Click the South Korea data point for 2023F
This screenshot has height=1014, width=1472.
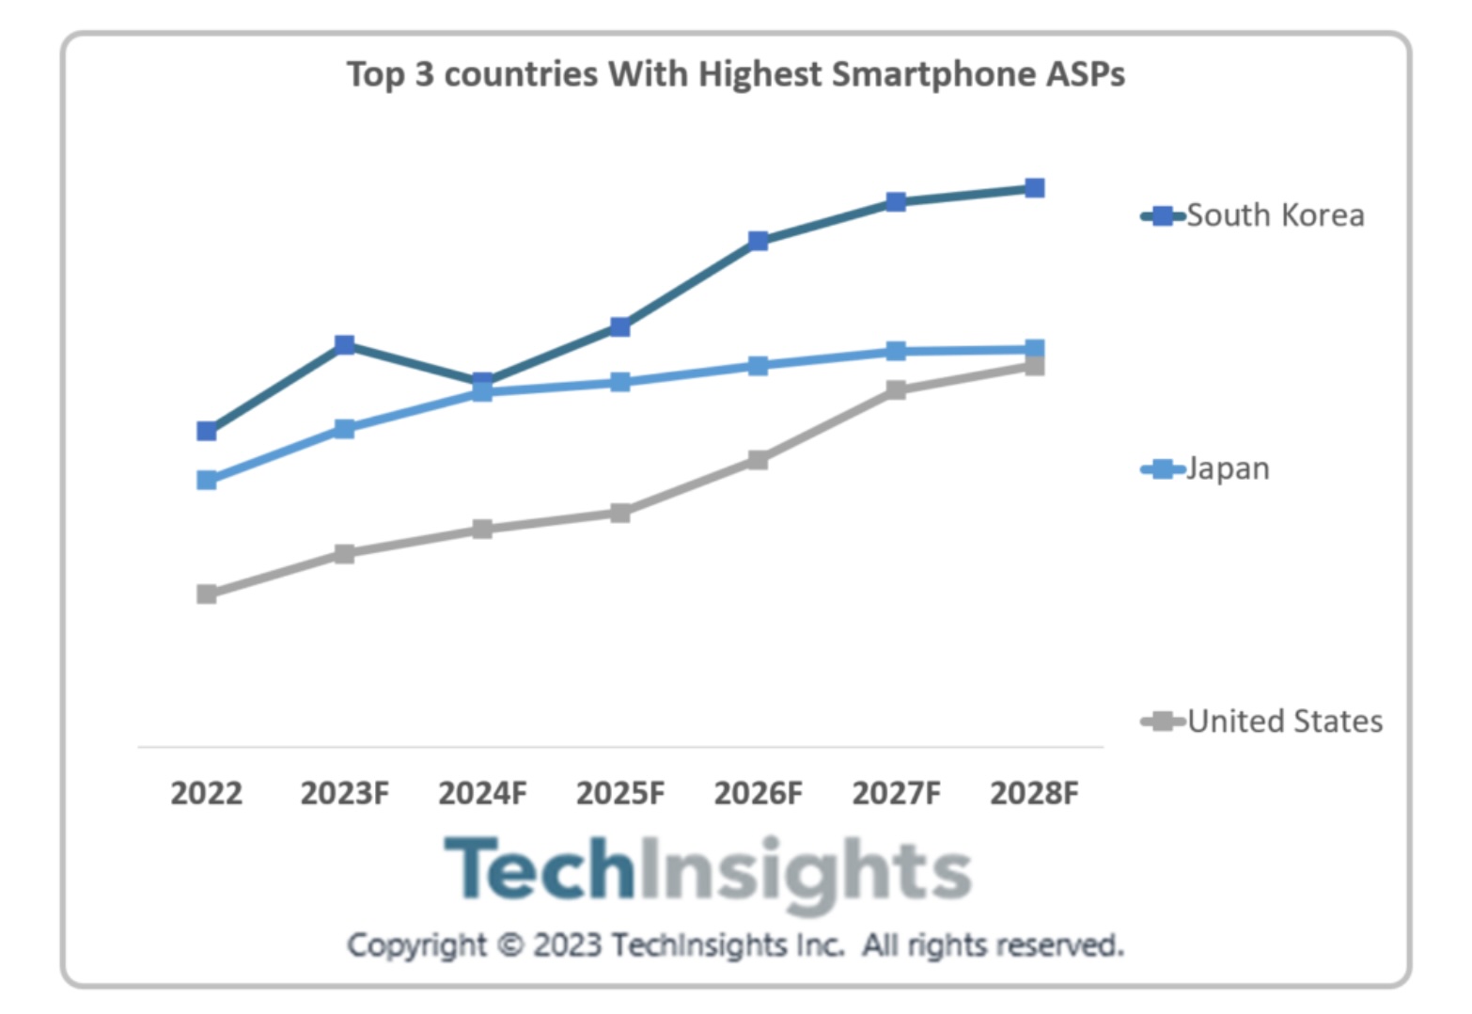pos(345,344)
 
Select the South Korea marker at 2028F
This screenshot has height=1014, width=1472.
pos(1034,188)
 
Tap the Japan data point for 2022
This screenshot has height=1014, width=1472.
pos(207,480)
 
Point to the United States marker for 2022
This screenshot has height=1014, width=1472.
pos(207,594)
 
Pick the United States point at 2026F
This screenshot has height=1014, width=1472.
pos(758,459)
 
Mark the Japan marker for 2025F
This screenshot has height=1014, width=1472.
pos(620,382)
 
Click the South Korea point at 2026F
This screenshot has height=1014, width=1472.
pos(758,241)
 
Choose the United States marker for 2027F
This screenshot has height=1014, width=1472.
pos(896,389)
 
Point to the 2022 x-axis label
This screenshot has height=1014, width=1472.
pos(206,793)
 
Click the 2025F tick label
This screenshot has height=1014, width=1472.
pos(620,793)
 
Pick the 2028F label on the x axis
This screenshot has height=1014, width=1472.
pos(1034,793)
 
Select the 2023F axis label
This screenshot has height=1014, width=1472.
pos(344,793)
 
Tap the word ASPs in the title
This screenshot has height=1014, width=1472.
pos(1085,74)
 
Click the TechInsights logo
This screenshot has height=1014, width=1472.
pos(707,871)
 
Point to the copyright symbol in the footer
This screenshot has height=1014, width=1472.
pos(509,944)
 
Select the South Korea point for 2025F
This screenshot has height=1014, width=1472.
pos(620,326)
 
